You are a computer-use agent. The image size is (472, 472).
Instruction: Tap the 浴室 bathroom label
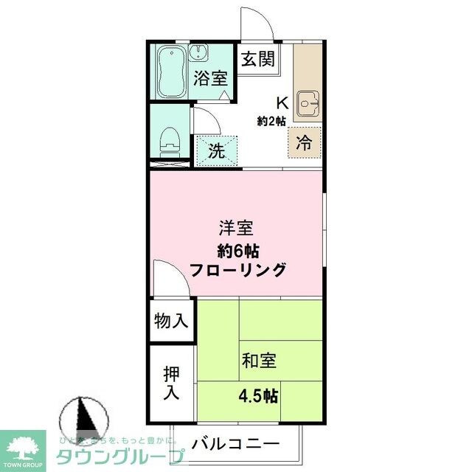210,79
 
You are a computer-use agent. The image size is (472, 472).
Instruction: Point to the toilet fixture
170,138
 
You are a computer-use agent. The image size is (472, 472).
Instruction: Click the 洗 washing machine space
216,151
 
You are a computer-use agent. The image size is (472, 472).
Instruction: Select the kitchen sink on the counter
307,105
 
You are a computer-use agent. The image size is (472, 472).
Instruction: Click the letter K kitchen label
282,103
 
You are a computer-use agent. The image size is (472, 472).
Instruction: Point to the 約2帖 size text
271,121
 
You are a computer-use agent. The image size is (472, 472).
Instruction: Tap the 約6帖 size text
237,249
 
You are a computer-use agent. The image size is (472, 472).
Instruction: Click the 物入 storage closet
171,322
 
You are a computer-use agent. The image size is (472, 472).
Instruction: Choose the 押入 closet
171,382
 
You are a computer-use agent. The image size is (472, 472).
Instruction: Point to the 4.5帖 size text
258,396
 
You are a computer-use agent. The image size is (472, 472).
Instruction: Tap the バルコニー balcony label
235,444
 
